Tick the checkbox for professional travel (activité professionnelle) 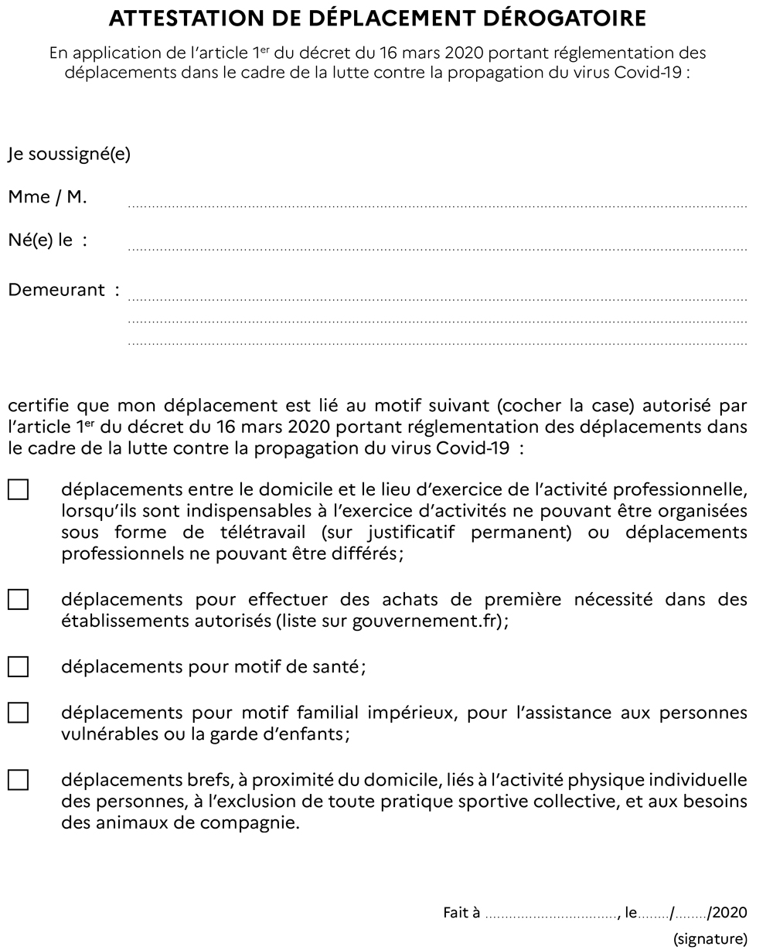tap(18, 490)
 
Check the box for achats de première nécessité tap(18, 599)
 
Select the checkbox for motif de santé tap(18, 666)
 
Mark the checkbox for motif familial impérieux tap(18, 712)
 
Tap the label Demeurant tap(56, 291)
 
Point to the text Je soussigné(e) tap(69, 155)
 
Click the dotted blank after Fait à tap(552, 918)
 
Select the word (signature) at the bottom tap(710, 940)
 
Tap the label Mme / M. tap(47, 197)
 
